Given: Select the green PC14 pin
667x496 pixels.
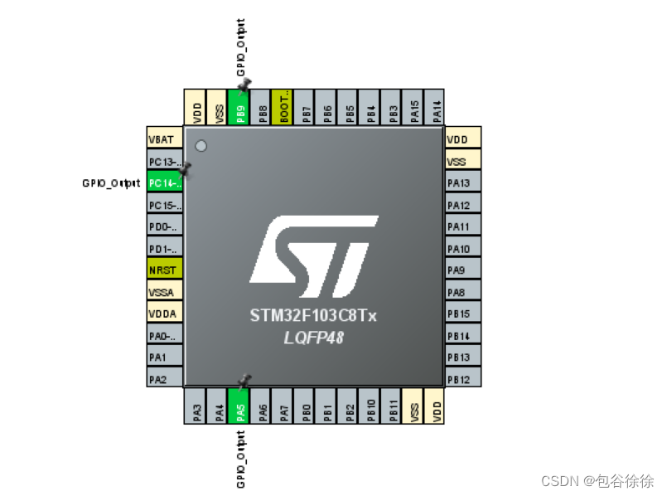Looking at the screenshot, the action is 164,182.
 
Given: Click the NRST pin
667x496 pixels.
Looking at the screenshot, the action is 164,270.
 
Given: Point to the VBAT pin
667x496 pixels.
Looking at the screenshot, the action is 164,139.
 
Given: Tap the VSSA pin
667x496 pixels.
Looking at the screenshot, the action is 164,292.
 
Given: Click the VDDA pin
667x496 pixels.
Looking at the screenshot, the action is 164,314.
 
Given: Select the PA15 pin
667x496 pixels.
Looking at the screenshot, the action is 414,108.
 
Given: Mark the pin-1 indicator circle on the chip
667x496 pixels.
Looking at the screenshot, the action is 200,146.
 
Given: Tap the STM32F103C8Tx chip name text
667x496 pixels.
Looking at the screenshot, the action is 313,316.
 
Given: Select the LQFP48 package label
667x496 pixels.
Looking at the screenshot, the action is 313,337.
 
